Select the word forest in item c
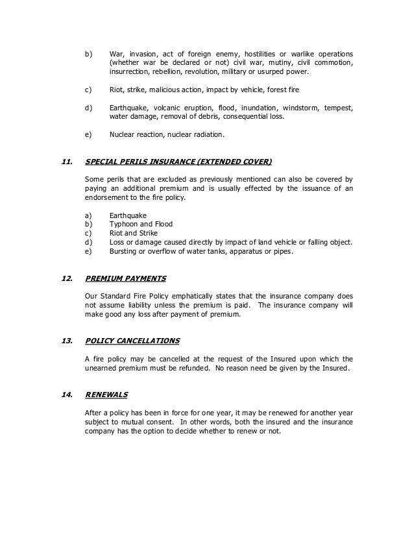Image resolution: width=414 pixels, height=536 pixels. point(274,89)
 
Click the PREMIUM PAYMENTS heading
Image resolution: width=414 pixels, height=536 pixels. point(125,279)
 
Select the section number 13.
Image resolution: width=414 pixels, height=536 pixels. point(65,341)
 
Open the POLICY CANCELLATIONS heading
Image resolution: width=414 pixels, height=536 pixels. point(133,341)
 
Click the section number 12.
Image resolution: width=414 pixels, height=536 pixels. point(65,279)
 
